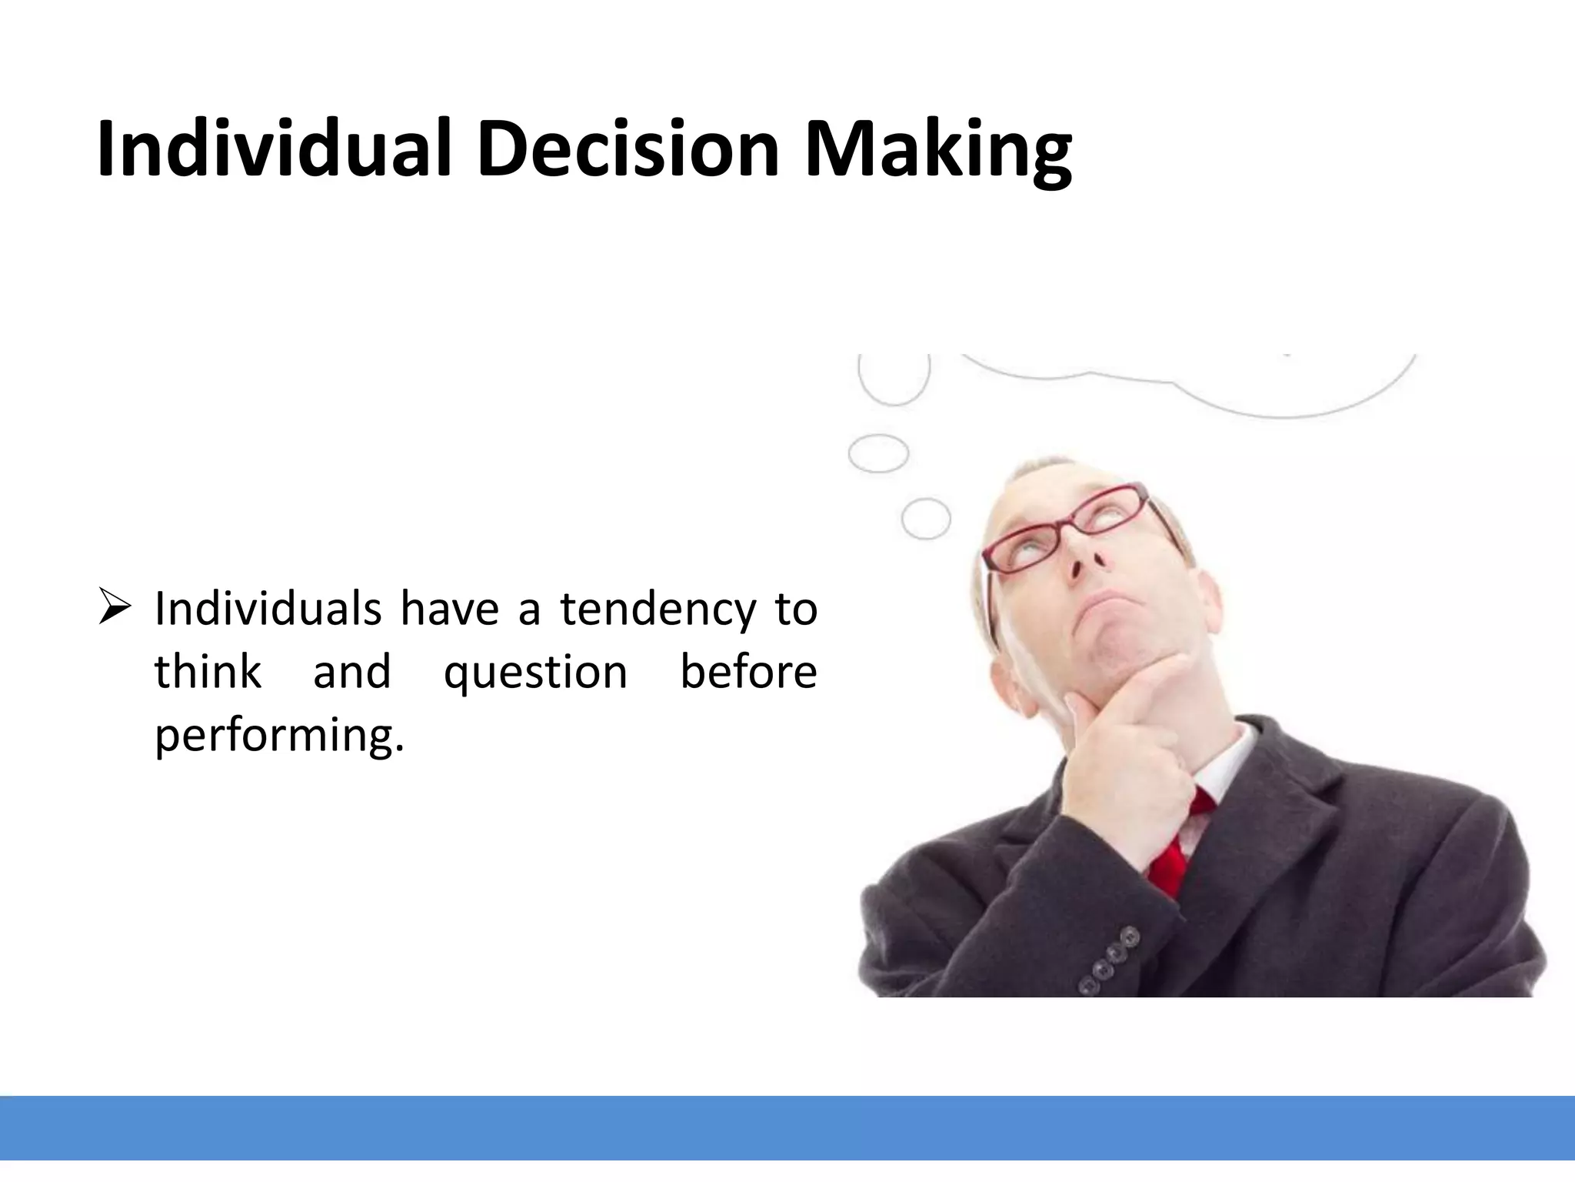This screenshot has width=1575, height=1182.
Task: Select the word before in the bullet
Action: (x=748, y=671)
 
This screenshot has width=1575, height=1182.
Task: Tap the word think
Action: (x=208, y=671)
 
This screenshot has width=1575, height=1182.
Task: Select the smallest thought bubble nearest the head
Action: (x=925, y=518)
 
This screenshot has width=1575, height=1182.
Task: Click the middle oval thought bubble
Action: (x=878, y=452)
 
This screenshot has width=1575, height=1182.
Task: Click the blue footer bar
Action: (x=787, y=1127)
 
